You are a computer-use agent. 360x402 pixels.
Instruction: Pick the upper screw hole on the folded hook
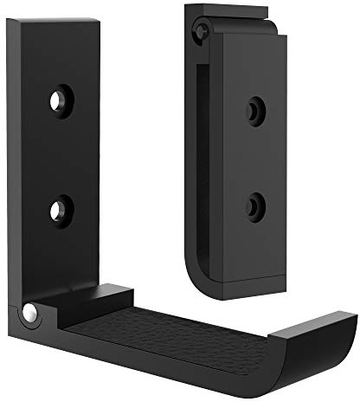tap(253, 110)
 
